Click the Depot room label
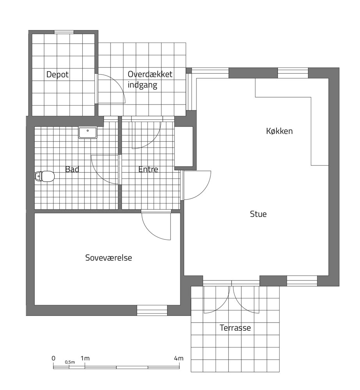tap(57, 74)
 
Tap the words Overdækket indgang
tap(150, 80)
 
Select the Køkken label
tap(279, 131)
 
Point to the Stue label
tap(258, 214)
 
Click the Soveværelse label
tap(109, 258)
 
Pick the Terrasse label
tap(235, 328)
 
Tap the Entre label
tap(148, 169)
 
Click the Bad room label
tap(72, 169)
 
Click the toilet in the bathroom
tap(45, 176)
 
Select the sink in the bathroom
tap(88, 132)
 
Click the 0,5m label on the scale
tap(70, 362)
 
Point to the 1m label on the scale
tap(85, 358)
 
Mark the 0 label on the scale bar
tap(53, 358)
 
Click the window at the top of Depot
tap(64, 32)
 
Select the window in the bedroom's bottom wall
tap(152, 310)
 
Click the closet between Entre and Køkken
tap(184, 146)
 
